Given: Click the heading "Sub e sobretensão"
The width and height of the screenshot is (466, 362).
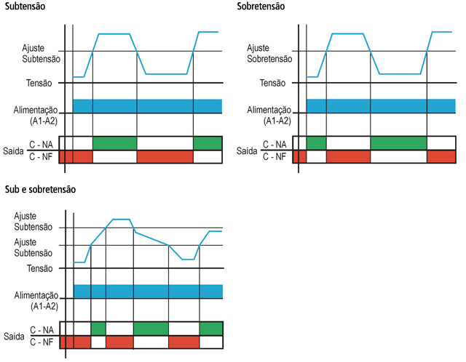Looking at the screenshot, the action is coord(40,189).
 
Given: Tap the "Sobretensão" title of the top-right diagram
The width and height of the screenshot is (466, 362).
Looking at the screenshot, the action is coord(261,7).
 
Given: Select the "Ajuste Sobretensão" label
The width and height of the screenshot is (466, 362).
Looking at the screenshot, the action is coord(269,53).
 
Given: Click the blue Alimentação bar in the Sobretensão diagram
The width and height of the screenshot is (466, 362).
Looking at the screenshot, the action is coord(381,106).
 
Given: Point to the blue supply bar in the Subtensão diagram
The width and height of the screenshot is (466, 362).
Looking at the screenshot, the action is coord(147,106).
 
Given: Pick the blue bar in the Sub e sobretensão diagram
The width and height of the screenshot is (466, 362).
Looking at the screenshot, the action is coord(149,291).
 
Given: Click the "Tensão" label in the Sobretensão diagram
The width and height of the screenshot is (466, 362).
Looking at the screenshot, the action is coord(272,83).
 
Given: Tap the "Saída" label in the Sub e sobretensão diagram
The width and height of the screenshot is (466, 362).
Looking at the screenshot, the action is coord(14,337).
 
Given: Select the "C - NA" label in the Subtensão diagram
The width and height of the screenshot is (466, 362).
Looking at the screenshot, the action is coord(41,145).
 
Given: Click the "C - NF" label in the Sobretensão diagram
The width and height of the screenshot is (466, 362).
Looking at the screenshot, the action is coord(275,156).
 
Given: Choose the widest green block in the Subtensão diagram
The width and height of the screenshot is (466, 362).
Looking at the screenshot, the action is coord(115,143).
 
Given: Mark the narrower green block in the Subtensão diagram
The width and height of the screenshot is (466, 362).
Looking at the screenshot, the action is coord(208,143).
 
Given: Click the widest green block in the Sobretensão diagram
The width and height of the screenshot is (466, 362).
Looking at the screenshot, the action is coord(398,143).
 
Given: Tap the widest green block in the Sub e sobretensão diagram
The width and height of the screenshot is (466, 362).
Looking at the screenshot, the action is coord(151,329).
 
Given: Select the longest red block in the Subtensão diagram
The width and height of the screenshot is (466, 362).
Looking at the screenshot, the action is coord(165,157).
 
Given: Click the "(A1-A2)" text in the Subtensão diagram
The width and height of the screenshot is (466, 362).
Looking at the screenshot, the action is coord(44,121).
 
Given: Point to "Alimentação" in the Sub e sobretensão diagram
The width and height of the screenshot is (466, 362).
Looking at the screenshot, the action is coord(36,295).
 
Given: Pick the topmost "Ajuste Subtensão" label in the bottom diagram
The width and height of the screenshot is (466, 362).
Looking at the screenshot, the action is coord(33,222).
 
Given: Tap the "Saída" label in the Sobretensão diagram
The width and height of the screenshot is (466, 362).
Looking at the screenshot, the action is coord(247,150).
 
